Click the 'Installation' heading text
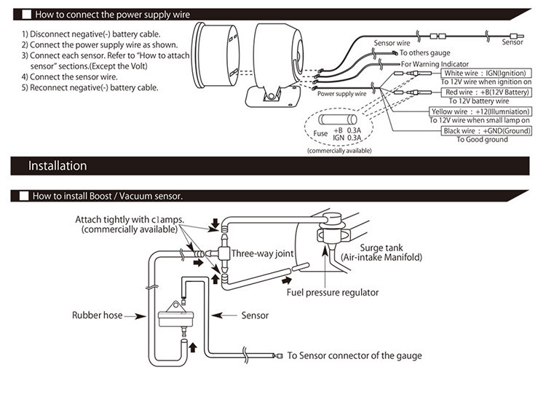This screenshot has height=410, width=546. (58, 166)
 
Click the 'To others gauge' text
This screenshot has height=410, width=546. (424, 52)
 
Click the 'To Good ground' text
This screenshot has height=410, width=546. (482, 139)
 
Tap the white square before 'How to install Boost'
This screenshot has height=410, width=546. (23, 196)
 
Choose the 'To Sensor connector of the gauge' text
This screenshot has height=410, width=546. (354, 356)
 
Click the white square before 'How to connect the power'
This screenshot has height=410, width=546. (23, 14)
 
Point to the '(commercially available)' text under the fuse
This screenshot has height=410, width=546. (339, 150)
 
